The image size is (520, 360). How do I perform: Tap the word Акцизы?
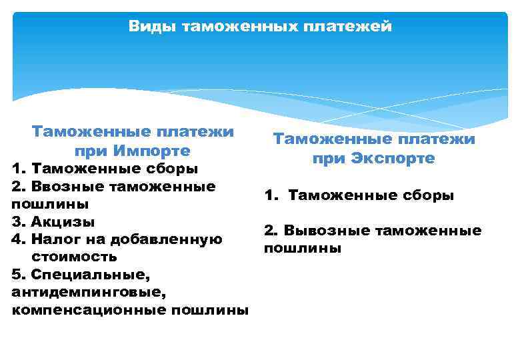pos(63,221)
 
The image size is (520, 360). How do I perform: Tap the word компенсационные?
pos(89,310)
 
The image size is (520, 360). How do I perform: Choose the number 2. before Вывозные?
pos(271,231)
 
